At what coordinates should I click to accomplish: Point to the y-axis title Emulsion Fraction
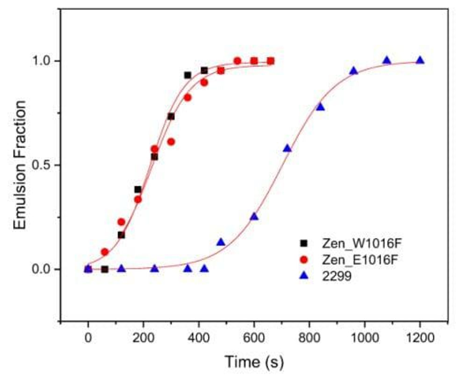coord(21,165)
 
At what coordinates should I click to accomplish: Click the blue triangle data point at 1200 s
coord(420,60)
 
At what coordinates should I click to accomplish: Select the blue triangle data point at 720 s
coord(287,148)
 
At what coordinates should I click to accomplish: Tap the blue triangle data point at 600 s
coord(254,216)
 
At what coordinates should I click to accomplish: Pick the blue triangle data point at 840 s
coord(320,107)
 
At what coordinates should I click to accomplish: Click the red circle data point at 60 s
coord(105,252)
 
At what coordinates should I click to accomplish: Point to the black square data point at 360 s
coord(187,75)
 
